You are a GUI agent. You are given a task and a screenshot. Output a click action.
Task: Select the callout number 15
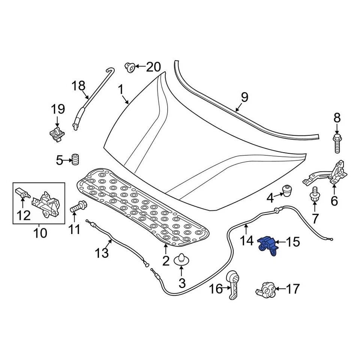(293, 242)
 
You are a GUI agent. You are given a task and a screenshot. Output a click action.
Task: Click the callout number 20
(153, 67)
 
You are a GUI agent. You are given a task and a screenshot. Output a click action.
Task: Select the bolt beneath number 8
(337, 143)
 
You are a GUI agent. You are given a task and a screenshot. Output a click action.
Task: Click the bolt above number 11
(78, 206)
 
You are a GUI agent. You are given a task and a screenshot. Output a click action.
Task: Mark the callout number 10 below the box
(40, 233)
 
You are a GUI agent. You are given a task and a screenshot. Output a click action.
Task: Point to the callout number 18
(79, 86)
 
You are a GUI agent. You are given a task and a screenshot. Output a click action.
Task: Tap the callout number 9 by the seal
(244, 97)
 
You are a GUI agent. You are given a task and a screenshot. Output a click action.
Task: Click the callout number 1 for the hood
(121, 90)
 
